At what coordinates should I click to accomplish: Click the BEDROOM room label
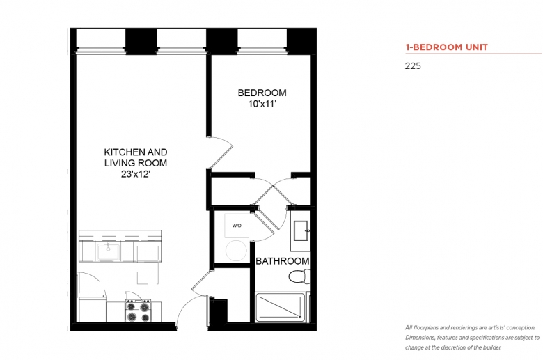(262, 93)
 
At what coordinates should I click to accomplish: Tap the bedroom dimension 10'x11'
(262, 104)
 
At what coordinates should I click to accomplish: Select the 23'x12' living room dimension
(136, 174)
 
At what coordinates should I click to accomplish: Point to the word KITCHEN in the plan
(120, 152)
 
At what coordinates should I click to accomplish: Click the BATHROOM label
(283, 261)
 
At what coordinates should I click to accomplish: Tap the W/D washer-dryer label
(237, 226)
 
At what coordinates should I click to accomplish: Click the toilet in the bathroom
(299, 276)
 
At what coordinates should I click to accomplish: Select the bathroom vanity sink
(301, 230)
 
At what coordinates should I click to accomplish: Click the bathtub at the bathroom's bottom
(281, 307)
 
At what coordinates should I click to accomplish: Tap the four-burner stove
(138, 311)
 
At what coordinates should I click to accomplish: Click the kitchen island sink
(109, 252)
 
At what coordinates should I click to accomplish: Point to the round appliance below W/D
(236, 251)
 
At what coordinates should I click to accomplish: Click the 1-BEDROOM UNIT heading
(447, 47)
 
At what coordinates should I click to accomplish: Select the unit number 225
(413, 66)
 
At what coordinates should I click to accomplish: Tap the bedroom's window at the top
(262, 41)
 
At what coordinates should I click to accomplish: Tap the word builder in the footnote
(492, 347)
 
